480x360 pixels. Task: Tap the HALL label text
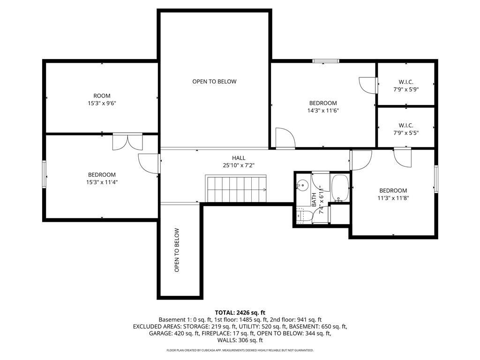pyautogui.click(x=239, y=158)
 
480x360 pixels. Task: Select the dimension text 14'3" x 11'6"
pyautogui.click(x=323, y=111)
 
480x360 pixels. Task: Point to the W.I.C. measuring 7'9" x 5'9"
pyautogui.click(x=406, y=86)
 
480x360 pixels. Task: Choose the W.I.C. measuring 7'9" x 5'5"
pyautogui.click(x=406, y=129)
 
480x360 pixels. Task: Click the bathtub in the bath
pyautogui.click(x=340, y=188)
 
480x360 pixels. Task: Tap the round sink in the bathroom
pyautogui.click(x=302, y=185)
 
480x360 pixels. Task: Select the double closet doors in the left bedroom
pyautogui.click(x=127, y=142)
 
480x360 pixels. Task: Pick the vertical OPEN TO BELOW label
pyautogui.click(x=177, y=250)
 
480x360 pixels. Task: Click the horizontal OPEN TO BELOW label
pyautogui.click(x=214, y=82)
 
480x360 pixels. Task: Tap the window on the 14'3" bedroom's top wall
pyautogui.click(x=326, y=61)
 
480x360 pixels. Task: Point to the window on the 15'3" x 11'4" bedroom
pyautogui.click(x=44, y=174)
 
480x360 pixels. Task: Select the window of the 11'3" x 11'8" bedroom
pyautogui.click(x=436, y=179)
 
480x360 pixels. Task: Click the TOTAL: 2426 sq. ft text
pyautogui.click(x=240, y=313)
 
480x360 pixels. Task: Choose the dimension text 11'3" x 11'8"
pyautogui.click(x=393, y=198)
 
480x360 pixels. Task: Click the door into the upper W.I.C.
pyautogui.click(x=368, y=85)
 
